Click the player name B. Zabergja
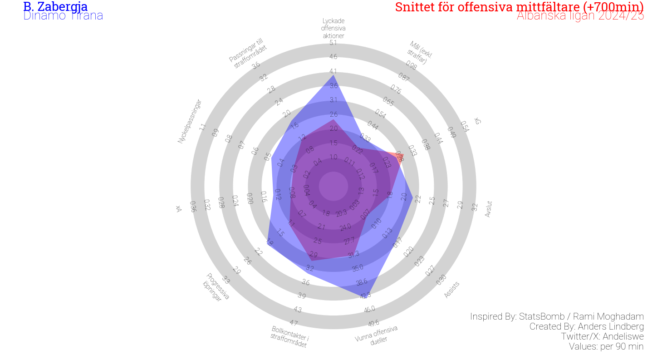[x=55, y=7]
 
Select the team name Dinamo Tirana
[x=63, y=16]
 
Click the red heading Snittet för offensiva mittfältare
[x=519, y=7]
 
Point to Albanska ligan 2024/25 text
[x=580, y=16]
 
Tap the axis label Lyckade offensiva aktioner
[x=333, y=28]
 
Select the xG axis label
[x=477, y=121]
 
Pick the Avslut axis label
[x=489, y=209]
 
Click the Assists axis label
[x=451, y=290]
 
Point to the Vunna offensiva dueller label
[x=377, y=335]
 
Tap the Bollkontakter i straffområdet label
[x=289, y=336]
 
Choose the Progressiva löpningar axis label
[x=216, y=287]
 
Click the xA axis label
[x=179, y=209]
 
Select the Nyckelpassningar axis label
[x=189, y=121]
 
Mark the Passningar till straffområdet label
[x=248, y=54]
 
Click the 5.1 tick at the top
[x=333, y=43]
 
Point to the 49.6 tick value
[x=374, y=323]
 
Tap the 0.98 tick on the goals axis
[x=411, y=65]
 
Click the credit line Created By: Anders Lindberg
[x=586, y=326]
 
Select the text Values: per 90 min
[x=606, y=346]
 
